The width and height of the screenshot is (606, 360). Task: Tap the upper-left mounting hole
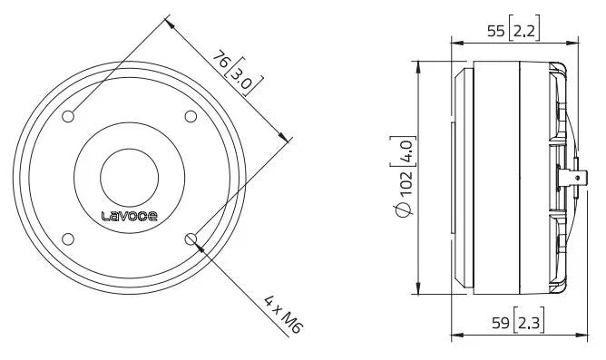coord(70,115)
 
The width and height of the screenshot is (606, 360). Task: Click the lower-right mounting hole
coord(191,238)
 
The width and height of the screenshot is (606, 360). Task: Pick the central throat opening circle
coord(130,176)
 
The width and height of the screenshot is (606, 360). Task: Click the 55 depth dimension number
coord(495,30)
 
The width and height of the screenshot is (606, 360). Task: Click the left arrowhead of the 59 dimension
coord(455,335)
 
